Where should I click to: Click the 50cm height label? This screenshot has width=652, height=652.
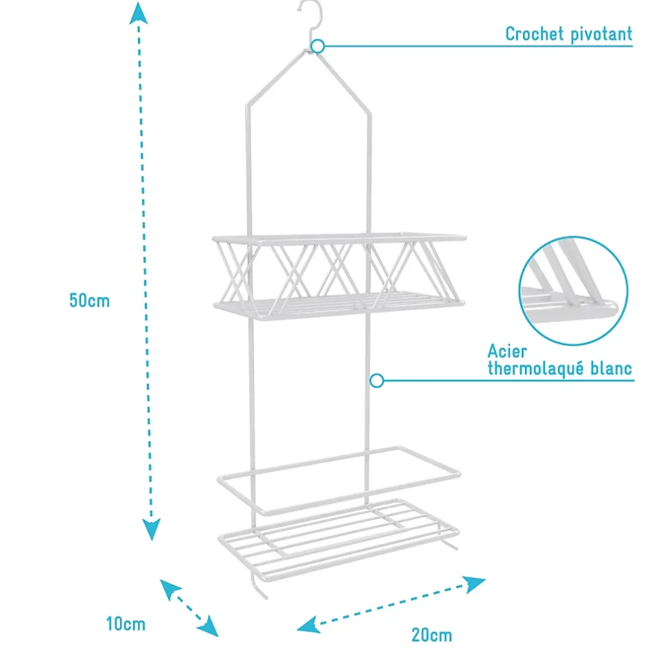click(x=89, y=300)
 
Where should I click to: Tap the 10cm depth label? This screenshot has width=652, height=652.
click(x=126, y=624)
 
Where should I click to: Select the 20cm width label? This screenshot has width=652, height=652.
click(x=431, y=635)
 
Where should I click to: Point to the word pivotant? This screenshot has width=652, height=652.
click(x=601, y=35)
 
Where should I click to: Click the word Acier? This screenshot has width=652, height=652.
click(x=507, y=352)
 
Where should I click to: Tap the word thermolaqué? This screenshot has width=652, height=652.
click(x=535, y=368)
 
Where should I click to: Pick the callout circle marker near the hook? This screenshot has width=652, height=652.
click(x=318, y=46)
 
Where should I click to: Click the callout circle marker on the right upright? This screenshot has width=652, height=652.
click(x=377, y=381)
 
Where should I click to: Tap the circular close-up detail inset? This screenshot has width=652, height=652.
click(x=574, y=291)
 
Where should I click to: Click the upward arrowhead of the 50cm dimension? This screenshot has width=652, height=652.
click(x=139, y=13)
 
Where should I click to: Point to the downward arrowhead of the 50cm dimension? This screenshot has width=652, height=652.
click(x=151, y=529)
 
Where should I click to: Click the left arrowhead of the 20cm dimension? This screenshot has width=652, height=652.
click(x=309, y=624)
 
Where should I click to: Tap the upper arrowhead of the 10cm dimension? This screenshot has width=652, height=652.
click(x=170, y=589)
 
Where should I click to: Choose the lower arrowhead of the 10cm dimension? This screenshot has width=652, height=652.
click(x=207, y=626)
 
